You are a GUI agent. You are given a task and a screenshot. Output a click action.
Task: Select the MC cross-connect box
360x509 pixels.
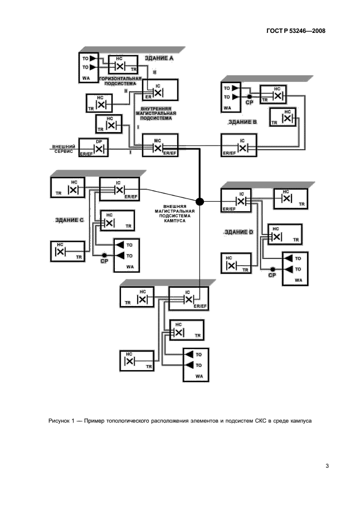coord(160,146)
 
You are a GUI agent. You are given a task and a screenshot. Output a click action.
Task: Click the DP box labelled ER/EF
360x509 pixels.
coord(94,147)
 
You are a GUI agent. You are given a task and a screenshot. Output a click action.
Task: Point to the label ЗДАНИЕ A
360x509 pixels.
coord(159,58)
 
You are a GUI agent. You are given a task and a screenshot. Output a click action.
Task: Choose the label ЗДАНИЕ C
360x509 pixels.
coord(69,220)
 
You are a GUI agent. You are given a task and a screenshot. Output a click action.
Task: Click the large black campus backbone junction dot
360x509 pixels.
coord(200,201)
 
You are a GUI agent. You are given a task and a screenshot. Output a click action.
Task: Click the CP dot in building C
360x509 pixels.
coord(104,255)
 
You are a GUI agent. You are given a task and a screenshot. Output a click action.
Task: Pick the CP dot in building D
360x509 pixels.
coord(272,269)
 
